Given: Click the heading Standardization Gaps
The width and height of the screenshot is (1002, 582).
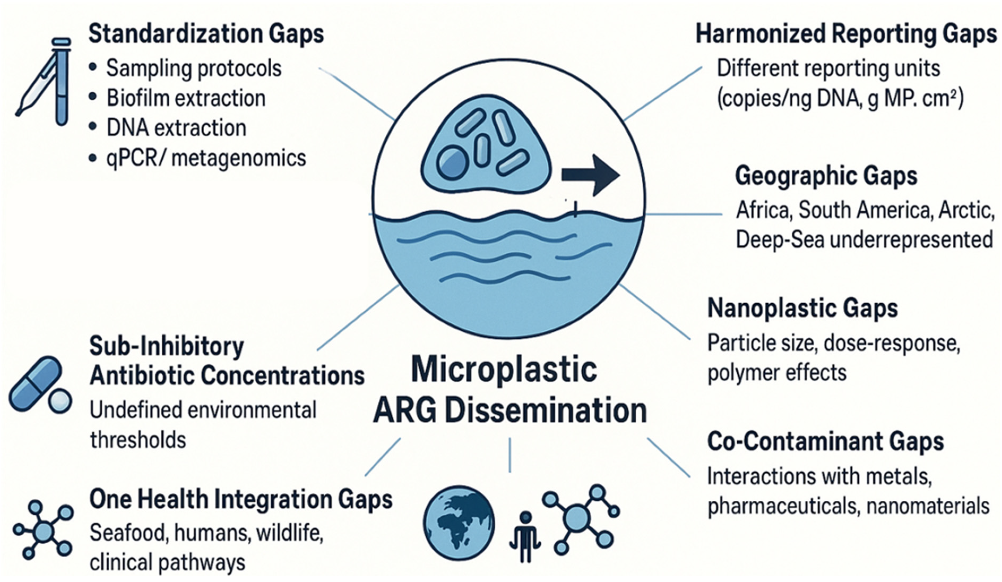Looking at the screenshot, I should [x=206, y=34].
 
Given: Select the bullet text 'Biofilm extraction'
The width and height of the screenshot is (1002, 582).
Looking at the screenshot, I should [x=186, y=98].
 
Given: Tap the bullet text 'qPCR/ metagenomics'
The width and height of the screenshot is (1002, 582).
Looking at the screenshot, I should [x=206, y=158].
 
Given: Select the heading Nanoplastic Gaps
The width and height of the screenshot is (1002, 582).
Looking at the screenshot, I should [x=802, y=309].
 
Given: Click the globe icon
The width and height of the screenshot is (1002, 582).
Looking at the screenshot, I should [x=459, y=523].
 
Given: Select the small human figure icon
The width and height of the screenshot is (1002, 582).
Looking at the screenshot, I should [x=525, y=537].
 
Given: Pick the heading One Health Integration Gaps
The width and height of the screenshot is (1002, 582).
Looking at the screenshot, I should [x=241, y=499].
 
